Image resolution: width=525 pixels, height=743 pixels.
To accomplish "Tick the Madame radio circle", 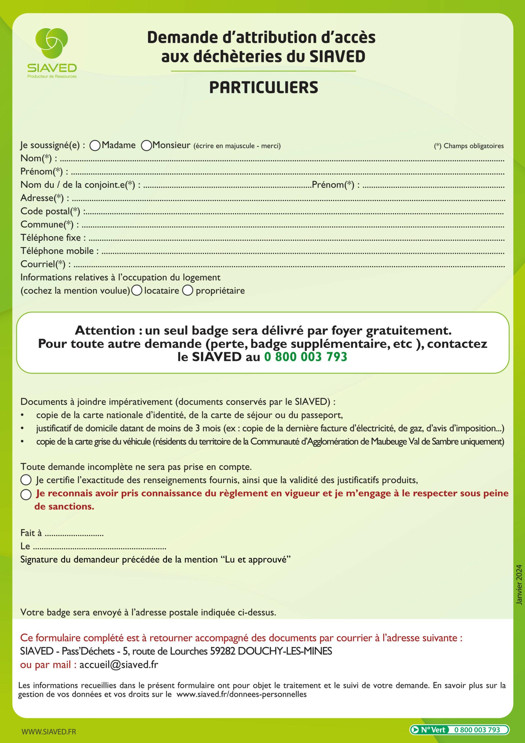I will pos(95,146).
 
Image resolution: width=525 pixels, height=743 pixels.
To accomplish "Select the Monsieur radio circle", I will pos(146,146).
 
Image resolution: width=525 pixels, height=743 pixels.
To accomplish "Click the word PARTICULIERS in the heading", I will pos(264,88).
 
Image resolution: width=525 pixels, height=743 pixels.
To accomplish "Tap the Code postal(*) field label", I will pos(50,211).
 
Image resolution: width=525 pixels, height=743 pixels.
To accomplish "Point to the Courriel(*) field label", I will pos(43,264).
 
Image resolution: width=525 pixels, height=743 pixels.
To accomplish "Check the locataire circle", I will pos(137,290).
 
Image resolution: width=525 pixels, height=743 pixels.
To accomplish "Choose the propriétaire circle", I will pos(188,290).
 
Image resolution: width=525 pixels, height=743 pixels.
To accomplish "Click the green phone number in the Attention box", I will pos(306,357).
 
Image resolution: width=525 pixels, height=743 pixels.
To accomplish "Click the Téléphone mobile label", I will pos(57,251).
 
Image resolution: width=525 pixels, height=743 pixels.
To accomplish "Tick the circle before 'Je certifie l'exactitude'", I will pos(26,480).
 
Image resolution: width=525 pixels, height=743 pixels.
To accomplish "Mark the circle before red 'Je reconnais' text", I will pos(26,495).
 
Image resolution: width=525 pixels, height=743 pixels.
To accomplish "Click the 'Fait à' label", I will pos(31,533).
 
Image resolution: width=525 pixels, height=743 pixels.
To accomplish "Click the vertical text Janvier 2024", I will pos(519,585).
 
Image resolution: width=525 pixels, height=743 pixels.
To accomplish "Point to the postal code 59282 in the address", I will pos(222,651).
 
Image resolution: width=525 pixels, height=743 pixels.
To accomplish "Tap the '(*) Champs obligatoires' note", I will pos(469,146).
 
